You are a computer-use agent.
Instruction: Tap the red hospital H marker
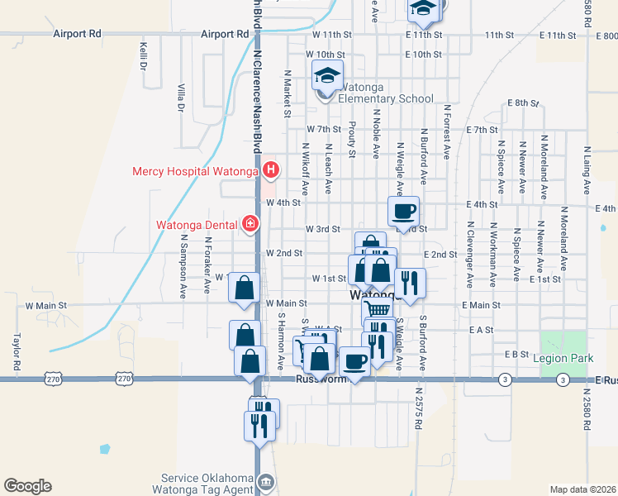pos(271,171)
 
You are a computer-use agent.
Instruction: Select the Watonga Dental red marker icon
pos(250,224)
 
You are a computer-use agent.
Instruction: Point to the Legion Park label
pos(564,358)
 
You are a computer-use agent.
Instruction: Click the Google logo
pos(27,485)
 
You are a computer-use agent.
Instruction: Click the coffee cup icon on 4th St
pos(403,212)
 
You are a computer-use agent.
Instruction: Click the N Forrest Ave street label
pos(446,131)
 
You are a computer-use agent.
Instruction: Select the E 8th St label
pos(522,103)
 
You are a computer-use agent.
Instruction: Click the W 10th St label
pos(328,54)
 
